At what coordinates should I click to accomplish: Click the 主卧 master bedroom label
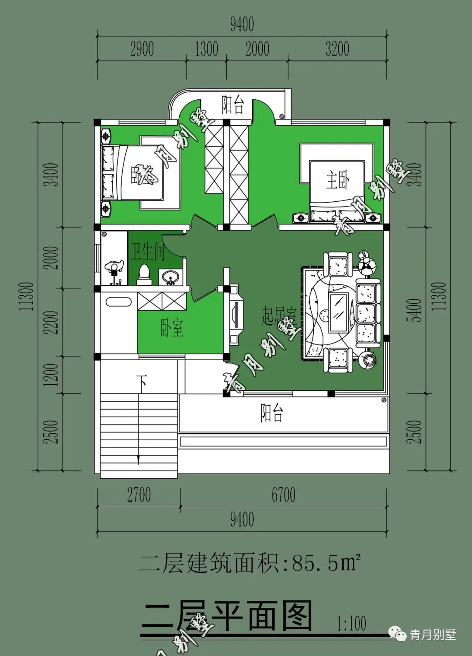pyautogui.click(x=337, y=180)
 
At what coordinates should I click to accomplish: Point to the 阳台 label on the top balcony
pyautogui.click(x=233, y=105)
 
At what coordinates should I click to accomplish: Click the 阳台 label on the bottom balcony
pyautogui.click(x=272, y=413)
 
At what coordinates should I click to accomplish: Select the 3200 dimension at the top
pyautogui.click(x=337, y=49)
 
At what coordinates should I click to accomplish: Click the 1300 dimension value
pyautogui.click(x=206, y=49)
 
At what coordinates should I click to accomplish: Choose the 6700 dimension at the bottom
pyautogui.click(x=283, y=495)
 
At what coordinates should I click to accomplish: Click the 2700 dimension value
pyautogui.click(x=139, y=495)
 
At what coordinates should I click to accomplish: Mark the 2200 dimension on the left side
pyautogui.click(x=52, y=323)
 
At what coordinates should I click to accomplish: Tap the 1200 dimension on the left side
pyautogui.click(x=52, y=375)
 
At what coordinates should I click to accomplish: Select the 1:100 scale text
pyautogui.click(x=351, y=623)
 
